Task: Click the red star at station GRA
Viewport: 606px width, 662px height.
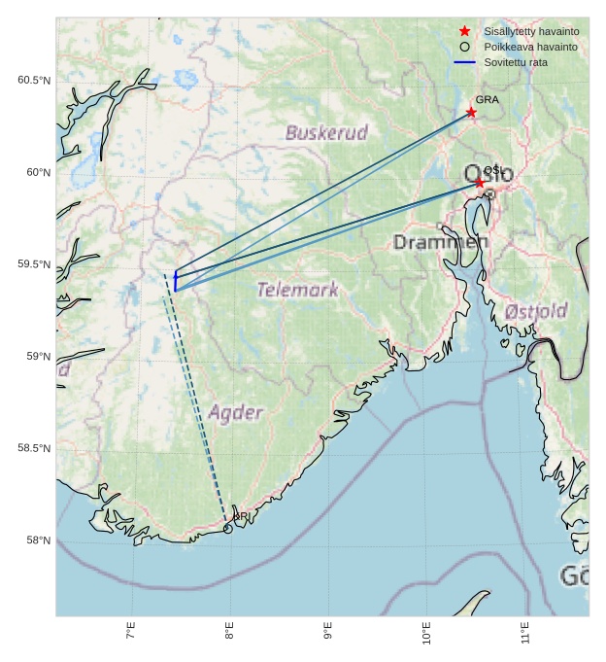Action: click(x=471, y=112)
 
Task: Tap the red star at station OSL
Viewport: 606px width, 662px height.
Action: click(x=479, y=182)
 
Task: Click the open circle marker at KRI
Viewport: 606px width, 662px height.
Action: click(x=228, y=529)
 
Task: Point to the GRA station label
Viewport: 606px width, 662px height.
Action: click(x=487, y=99)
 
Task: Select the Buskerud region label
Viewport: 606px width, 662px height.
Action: click(x=326, y=132)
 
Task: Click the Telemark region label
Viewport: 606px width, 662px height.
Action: click(x=297, y=289)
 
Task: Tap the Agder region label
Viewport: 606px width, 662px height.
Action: click(x=235, y=412)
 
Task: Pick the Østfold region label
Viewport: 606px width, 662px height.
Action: click(x=536, y=311)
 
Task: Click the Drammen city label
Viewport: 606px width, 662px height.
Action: click(x=441, y=242)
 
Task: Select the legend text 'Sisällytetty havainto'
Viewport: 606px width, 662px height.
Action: click(x=531, y=31)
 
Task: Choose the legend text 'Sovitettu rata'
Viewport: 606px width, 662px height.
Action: click(x=516, y=62)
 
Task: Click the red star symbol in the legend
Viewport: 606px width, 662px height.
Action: click(x=464, y=31)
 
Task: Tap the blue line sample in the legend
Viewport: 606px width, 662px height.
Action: click(x=464, y=62)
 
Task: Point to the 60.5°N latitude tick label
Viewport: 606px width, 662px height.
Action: click(x=33, y=80)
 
